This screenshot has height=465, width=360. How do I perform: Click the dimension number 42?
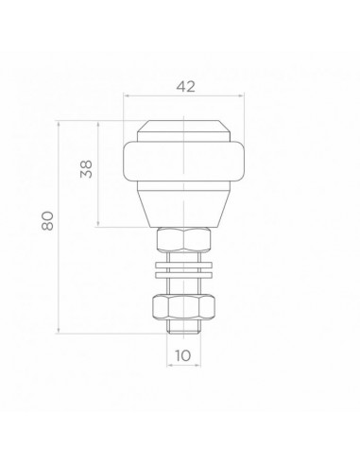[x=185, y=86]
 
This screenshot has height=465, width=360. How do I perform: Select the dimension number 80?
[x=46, y=224]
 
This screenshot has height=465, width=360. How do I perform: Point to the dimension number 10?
[x=183, y=356]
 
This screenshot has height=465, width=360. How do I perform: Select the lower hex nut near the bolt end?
[x=184, y=307]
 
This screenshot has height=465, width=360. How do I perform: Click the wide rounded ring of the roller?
[x=184, y=164]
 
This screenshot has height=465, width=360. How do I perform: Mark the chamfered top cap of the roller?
[x=184, y=130]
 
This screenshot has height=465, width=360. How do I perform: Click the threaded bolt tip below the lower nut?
[x=184, y=327]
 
